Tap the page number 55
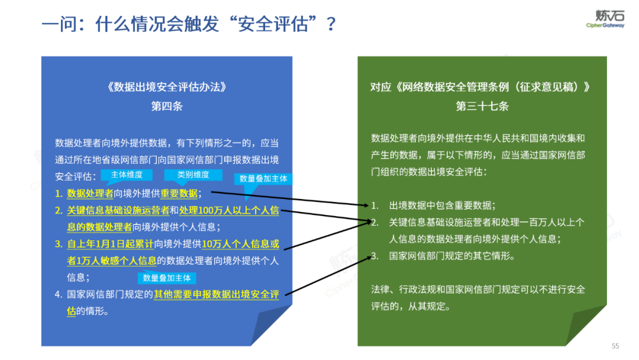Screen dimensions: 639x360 [615, 346]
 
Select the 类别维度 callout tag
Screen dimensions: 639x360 [193, 175]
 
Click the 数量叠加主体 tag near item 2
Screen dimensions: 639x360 [264, 179]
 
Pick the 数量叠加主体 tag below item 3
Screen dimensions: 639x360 [167, 278]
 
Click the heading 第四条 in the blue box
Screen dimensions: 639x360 [167, 107]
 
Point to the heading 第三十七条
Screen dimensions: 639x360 [482, 107]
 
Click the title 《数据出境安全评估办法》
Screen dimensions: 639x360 [167, 87]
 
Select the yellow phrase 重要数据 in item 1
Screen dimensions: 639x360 [180, 193]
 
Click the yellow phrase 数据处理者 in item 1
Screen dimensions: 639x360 [90, 193]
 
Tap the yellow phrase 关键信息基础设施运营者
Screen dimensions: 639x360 [118, 210]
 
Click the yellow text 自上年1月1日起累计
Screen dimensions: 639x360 [110, 243]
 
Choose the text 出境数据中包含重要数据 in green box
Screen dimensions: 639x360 [442, 205]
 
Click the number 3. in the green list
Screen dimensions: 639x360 [375, 256]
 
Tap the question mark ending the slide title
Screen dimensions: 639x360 [331, 24]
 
